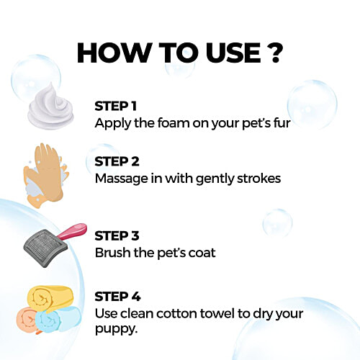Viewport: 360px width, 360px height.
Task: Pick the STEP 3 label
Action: (117, 236)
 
